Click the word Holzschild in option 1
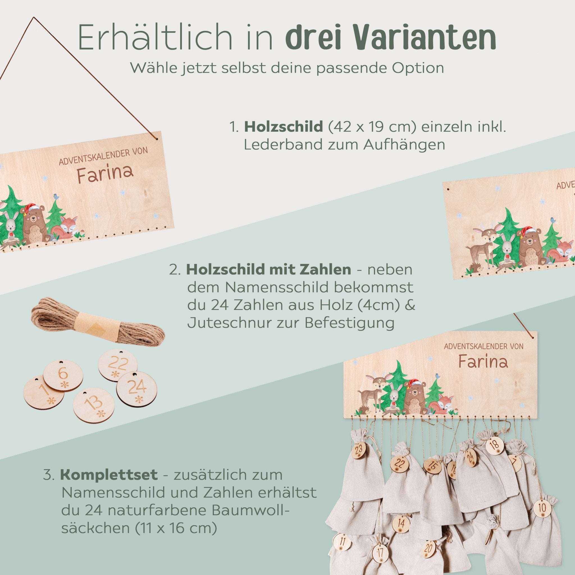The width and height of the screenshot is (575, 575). tap(283, 127)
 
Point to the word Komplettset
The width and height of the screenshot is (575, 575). tap(109, 476)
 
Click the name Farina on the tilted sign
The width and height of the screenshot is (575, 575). tap(105, 173)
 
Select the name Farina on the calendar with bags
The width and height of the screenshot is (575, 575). tap(483, 362)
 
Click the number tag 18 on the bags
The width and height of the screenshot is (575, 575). tap(495, 453)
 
